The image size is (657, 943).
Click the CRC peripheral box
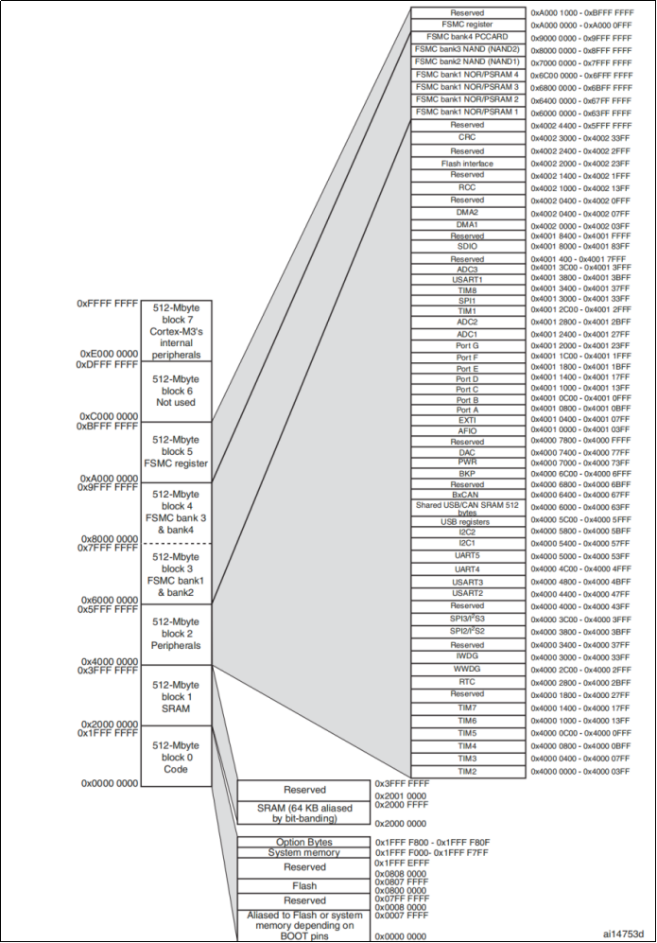(x=467, y=137)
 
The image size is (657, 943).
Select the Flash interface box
(x=467, y=163)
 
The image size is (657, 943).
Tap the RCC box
(x=467, y=187)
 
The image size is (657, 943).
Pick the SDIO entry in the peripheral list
(x=467, y=246)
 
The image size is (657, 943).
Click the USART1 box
(x=467, y=279)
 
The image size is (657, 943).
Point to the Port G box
(x=467, y=345)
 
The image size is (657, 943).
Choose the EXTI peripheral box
(x=467, y=419)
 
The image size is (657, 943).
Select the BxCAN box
(x=467, y=494)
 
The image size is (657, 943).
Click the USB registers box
(x=467, y=521)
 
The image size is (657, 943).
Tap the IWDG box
(x=467, y=656)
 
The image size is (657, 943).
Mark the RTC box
(x=467, y=681)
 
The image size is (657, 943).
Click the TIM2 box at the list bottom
(x=467, y=772)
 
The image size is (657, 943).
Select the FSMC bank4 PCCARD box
(x=467, y=36)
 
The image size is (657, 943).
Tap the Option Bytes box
(x=304, y=842)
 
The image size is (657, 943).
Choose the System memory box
(x=304, y=852)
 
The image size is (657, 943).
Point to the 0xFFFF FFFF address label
(x=108, y=305)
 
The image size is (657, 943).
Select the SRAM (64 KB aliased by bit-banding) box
(x=304, y=812)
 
